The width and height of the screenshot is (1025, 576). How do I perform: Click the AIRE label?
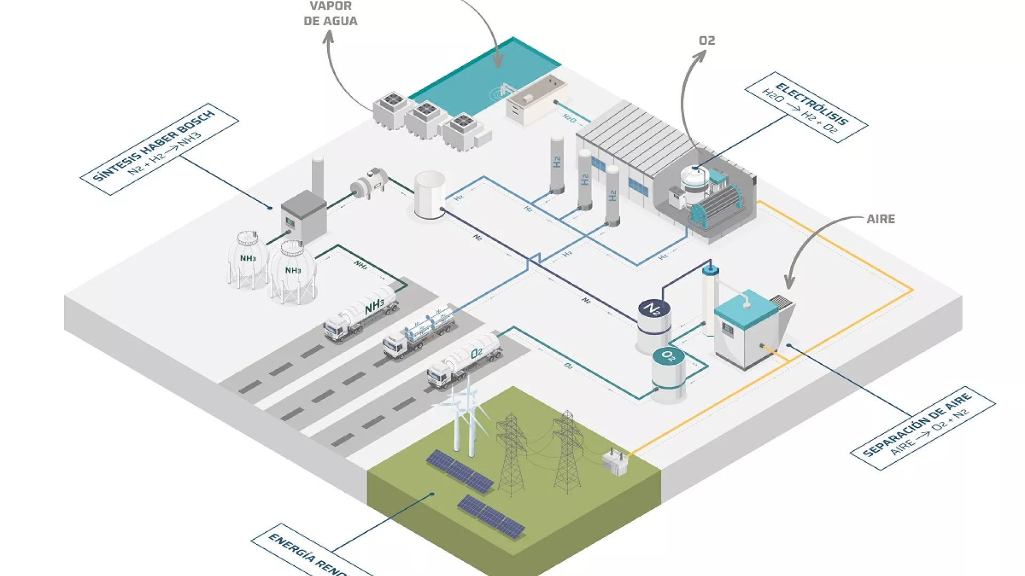[x=881, y=219]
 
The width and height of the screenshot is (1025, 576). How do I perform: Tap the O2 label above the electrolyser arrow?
[x=707, y=41]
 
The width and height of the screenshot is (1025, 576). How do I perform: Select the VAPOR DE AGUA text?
[x=330, y=14]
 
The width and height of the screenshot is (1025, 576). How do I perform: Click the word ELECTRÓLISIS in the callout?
[x=811, y=103]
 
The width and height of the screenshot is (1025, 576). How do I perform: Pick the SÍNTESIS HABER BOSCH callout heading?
[x=153, y=145]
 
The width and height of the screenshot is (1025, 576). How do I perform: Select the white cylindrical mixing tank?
[x=430, y=194]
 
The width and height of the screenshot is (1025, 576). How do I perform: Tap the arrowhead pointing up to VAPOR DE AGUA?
[x=329, y=36]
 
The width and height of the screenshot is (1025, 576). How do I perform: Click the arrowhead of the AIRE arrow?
[x=790, y=283]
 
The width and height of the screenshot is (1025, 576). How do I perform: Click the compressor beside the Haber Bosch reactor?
[x=369, y=184]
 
